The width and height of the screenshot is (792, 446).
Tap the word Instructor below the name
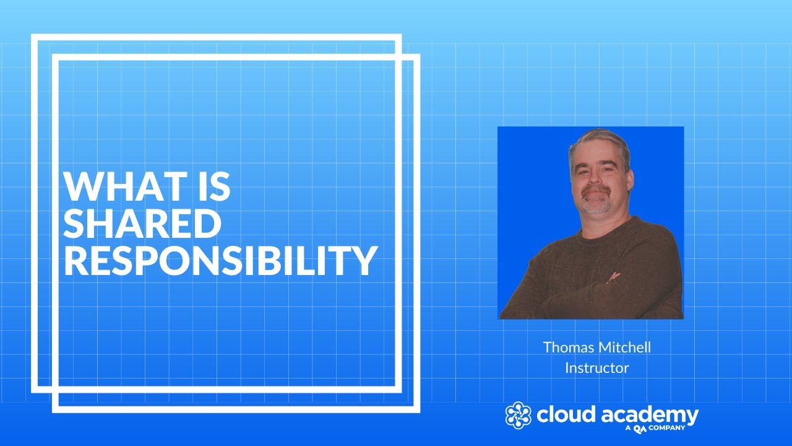(596, 367)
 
